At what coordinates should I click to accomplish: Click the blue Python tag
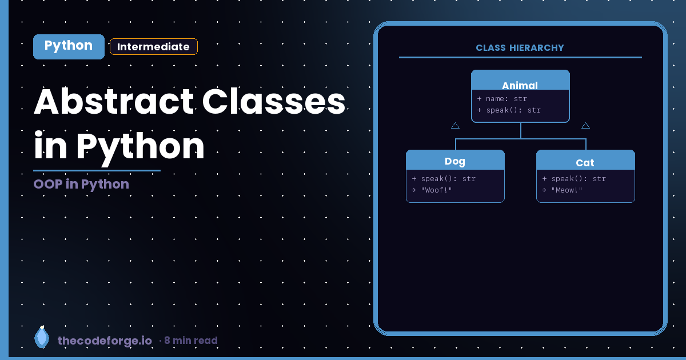[69, 46]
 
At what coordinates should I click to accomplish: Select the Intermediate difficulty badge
[153, 47]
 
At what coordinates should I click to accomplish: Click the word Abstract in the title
[114, 102]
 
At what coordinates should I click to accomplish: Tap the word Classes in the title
[274, 102]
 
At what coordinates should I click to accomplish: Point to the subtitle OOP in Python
[81, 184]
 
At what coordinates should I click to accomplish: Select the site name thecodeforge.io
[105, 341]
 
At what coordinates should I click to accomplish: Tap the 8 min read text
[190, 341]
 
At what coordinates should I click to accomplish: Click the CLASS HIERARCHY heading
[520, 48]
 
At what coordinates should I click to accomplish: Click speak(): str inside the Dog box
[444, 179]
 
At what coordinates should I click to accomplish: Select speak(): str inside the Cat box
[574, 179]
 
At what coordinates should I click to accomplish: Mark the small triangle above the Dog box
[455, 126]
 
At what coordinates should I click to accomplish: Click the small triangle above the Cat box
[585, 126]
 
